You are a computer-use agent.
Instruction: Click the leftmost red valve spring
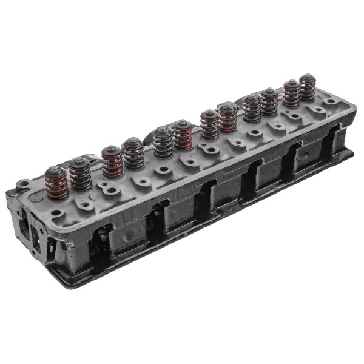click(x=56, y=183)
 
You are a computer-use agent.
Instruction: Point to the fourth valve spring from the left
click(x=133, y=153)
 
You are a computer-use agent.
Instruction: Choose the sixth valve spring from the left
click(x=183, y=135)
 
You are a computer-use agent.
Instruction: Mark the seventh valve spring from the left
click(x=209, y=124)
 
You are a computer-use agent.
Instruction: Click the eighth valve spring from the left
click(x=228, y=117)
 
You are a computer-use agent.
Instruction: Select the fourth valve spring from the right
click(x=252, y=107)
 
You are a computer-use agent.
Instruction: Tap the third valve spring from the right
click(x=269, y=101)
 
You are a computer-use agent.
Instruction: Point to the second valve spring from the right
click(x=292, y=93)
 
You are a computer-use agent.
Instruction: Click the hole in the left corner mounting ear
click(x=22, y=183)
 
